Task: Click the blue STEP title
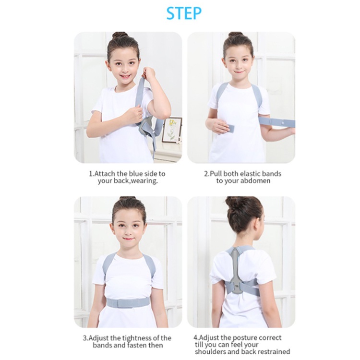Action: (184, 13)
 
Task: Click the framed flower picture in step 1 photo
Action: (172, 130)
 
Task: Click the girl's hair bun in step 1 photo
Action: (120, 35)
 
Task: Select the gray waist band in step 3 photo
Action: (128, 302)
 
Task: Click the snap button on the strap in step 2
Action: (283, 123)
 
